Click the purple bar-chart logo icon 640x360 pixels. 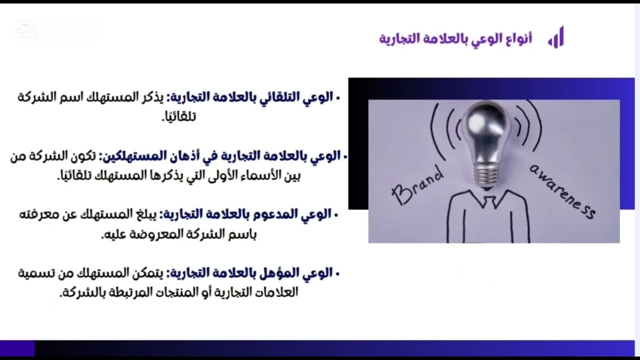pos(556,38)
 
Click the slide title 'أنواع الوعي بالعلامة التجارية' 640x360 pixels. pos(455,38)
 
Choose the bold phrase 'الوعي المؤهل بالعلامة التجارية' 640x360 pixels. pos(252,273)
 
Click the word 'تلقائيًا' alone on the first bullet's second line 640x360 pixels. pos(178,117)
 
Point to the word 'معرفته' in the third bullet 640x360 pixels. pos(35,214)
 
